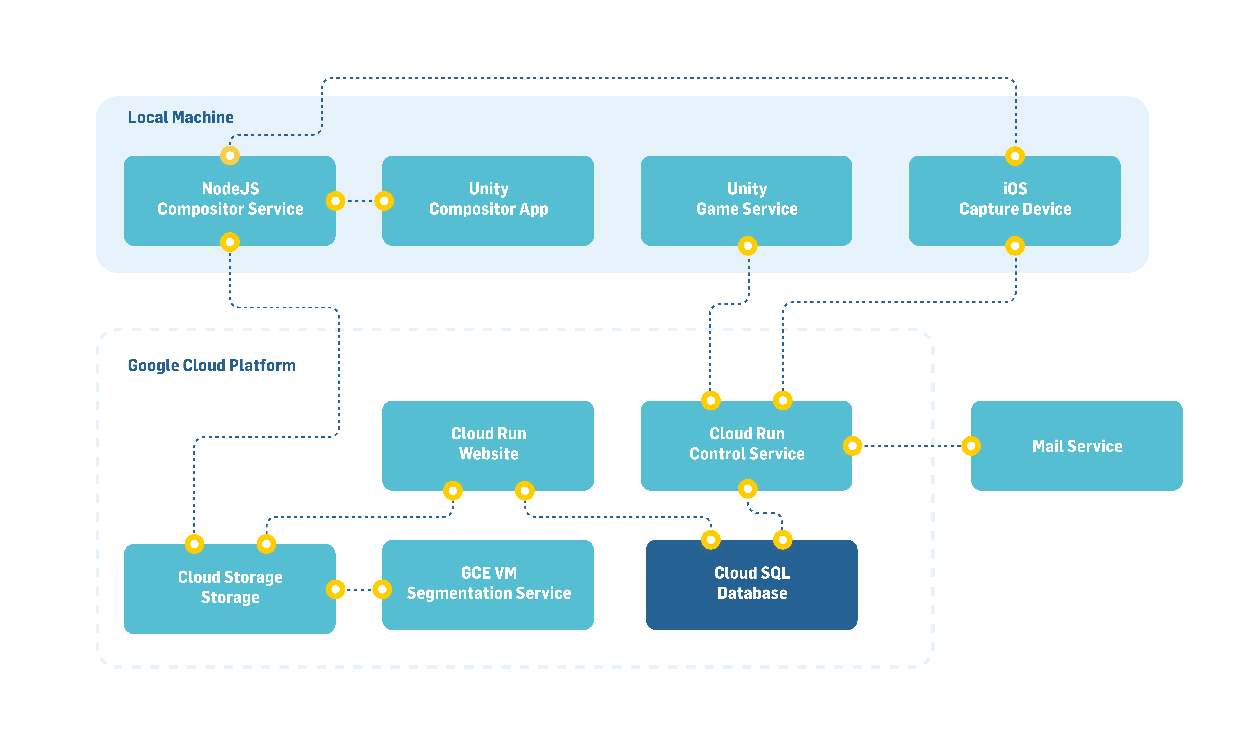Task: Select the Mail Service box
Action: point(1077,446)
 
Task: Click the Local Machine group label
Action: point(181,117)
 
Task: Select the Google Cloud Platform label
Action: point(212,365)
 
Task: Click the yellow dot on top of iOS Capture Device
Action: point(1015,156)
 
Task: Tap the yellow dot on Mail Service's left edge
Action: point(971,446)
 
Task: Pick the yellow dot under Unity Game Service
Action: point(747,246)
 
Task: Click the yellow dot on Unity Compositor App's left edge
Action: point(384,201)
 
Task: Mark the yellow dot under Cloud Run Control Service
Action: point(747,489)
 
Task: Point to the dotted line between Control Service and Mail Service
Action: point(912,446)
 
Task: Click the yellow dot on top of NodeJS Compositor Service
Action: point(230,155)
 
